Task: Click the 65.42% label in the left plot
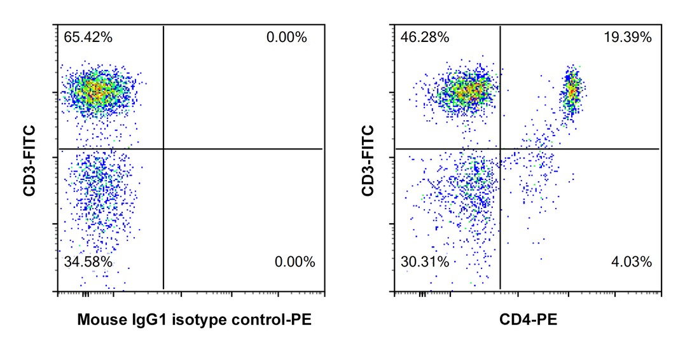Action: (88, 37)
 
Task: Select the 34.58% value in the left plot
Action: (88, 261)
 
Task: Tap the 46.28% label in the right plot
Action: (425, 37)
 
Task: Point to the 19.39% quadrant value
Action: (628, 37)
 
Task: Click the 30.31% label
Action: (425, 261)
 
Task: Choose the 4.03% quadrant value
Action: (632, 261)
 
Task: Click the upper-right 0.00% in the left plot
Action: (287, 37)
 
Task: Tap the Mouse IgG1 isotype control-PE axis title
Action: (195, 319)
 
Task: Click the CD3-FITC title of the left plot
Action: (29, 160)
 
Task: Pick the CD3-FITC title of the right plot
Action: (367, 160)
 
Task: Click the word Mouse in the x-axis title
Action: (97, 319)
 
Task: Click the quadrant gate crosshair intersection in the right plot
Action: (501, 149)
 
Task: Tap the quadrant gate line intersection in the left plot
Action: (163, 149)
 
